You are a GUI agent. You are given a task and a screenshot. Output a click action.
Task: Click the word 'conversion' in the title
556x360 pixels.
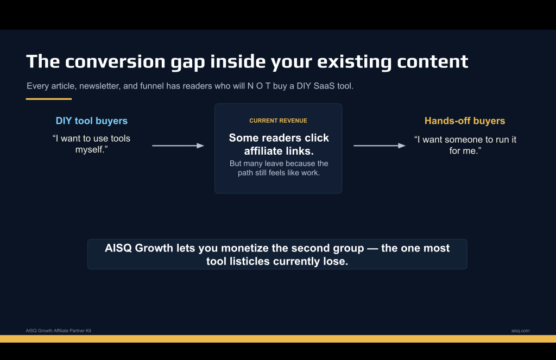[x=115, y=61]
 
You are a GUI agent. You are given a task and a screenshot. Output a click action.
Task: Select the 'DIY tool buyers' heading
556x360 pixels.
[x=91, y=121]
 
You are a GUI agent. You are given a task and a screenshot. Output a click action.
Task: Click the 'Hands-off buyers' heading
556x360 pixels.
[x=465, y=121]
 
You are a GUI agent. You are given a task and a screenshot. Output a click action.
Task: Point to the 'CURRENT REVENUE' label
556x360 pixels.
[x=278, y=121]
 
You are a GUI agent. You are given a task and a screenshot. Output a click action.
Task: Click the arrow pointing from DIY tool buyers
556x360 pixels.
[x=178, y=146]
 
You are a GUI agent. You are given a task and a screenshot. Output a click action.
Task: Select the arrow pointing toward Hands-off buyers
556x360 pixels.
[x=380, y=146]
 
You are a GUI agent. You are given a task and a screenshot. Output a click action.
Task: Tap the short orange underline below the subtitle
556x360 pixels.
[x=48, y=99]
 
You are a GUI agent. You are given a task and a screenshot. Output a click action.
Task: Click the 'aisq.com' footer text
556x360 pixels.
[x=520, y=331]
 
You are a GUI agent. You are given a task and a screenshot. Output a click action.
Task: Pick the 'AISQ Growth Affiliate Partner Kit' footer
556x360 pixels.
[x=59, y=331]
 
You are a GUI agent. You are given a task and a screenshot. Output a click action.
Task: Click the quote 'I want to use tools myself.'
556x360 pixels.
[x=91, y=144]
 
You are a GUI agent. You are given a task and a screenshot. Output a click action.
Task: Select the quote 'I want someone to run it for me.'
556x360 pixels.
[x=465, y=145]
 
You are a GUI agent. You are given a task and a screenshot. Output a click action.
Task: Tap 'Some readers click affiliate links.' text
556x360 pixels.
[x=279, y=144]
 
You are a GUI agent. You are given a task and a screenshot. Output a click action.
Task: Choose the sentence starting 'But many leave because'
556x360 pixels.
[x=279, y=168]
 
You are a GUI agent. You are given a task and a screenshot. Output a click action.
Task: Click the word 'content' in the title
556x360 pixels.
[x=433, y=61]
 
